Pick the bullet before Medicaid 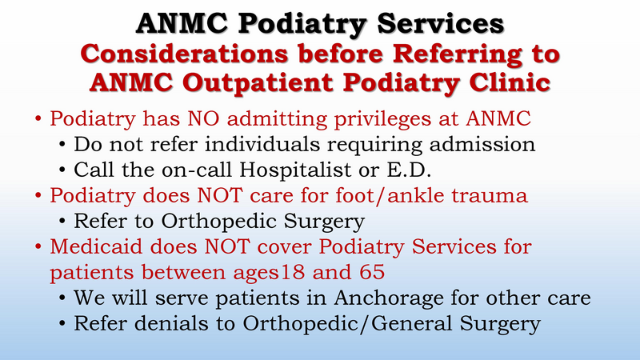click(38, 247)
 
